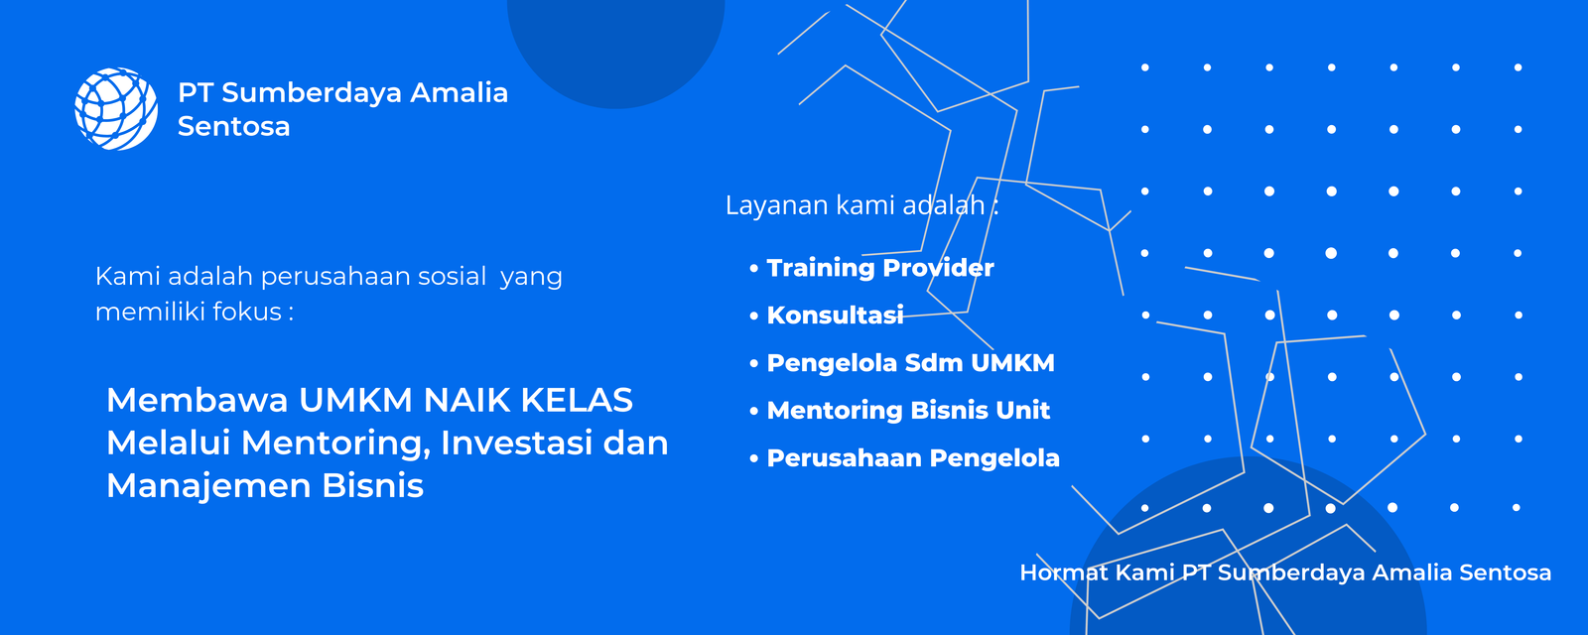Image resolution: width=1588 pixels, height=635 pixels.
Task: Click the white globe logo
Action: click(x=116, y=109)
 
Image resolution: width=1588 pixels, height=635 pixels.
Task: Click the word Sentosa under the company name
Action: click(x=233, y=127)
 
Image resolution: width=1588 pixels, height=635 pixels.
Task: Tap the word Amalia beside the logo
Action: click(x=459, y=93)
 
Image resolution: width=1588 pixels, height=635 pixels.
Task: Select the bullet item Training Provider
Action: click(x=879, y=268)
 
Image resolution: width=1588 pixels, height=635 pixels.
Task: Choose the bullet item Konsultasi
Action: click(x=835, y=316)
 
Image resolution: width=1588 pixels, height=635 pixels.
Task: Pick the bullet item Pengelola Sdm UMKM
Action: click(x=910, y=363)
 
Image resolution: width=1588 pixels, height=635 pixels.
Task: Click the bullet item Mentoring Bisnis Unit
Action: click(x=908, y=411)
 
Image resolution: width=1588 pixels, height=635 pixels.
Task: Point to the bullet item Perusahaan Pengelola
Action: click(x=913, y=458)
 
